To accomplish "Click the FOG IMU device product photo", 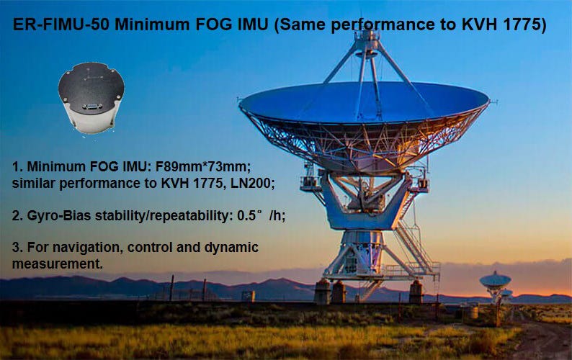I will [91, 97].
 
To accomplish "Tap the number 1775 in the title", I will [527, 25].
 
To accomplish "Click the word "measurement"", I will [58, 264].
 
